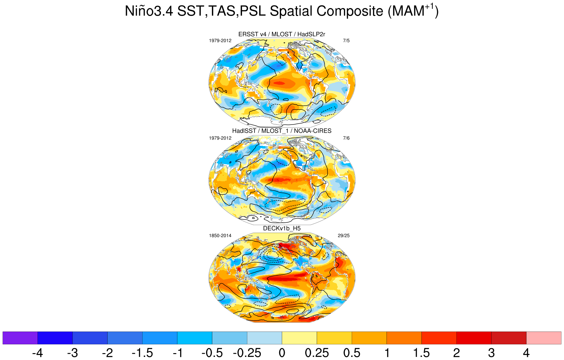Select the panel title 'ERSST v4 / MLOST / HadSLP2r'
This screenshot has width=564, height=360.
tap(282, 34)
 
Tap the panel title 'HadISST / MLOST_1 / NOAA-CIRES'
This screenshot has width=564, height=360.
tap(282, 131)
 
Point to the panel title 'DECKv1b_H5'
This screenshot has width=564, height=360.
tap(282, 228)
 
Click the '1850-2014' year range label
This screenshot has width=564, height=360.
tap(220, 236)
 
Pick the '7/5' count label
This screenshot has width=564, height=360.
tap(346, 41)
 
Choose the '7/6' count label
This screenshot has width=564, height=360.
tap(346, 138)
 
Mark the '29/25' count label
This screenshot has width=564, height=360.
tap(344, 236)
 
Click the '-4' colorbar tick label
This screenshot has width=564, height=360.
tap(38, 353)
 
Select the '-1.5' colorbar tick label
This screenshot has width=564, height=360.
tap(142, 353)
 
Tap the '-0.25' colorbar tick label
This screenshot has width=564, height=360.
tap(247, 353)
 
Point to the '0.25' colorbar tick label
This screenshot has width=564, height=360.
tap(317, 353)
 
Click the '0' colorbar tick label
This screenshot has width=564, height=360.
tap(282, 353)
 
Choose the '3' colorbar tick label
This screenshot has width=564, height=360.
tap(491, 353)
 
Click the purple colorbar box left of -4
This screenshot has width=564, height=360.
tap(20, 338)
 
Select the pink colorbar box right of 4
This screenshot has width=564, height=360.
tap(544, 338)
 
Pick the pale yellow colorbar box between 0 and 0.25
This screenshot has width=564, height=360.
tap(299, 338)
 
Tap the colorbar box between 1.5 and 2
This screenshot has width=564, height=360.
tap(439, 338)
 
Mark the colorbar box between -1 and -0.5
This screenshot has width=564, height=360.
tap(194, 338)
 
